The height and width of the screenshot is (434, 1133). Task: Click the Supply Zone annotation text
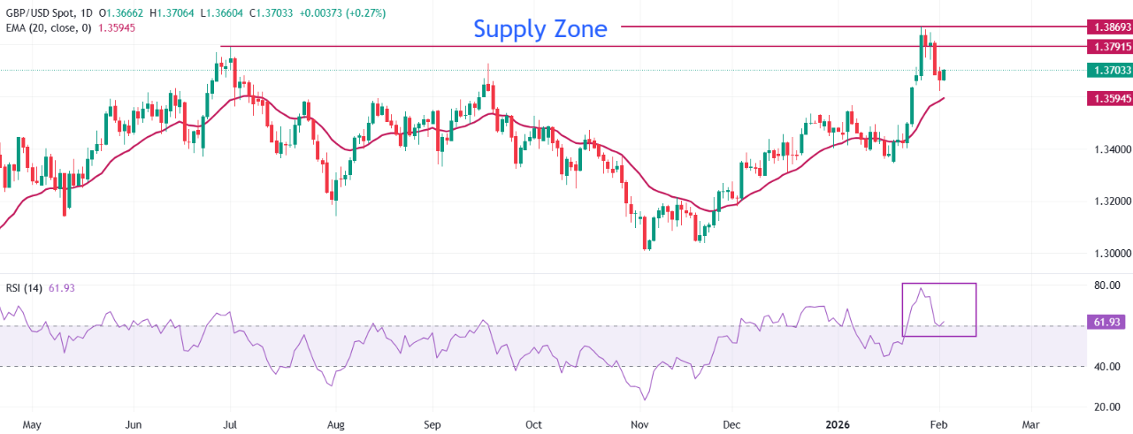pyautogui.click(x=540, y=28)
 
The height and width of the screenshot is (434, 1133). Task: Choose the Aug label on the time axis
pyautogui.click(x=336, y=424)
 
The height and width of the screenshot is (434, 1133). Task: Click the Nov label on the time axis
pyautogui.click(x=638, y=424)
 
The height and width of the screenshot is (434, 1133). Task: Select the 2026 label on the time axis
pyautogui.click(x=836, y=424)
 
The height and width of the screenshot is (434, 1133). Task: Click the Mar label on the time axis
pyautogui.click(x=1030, y=424)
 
